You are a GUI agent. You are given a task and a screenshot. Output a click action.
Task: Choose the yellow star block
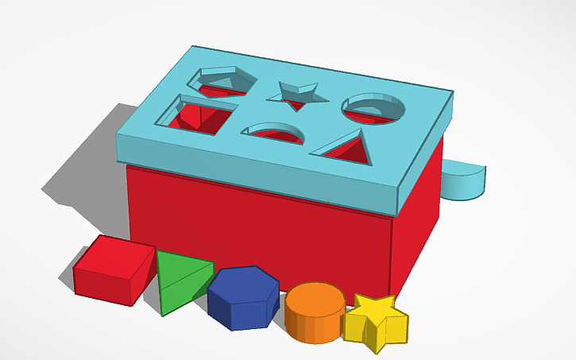coord(377,321)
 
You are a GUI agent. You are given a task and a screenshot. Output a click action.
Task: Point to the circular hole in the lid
coord(373,108)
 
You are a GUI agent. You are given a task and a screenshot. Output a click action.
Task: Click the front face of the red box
coord(254,226)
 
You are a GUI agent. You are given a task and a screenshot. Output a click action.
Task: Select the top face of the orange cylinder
coord(315,299)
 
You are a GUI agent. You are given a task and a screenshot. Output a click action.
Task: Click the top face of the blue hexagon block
coord(244,282)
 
